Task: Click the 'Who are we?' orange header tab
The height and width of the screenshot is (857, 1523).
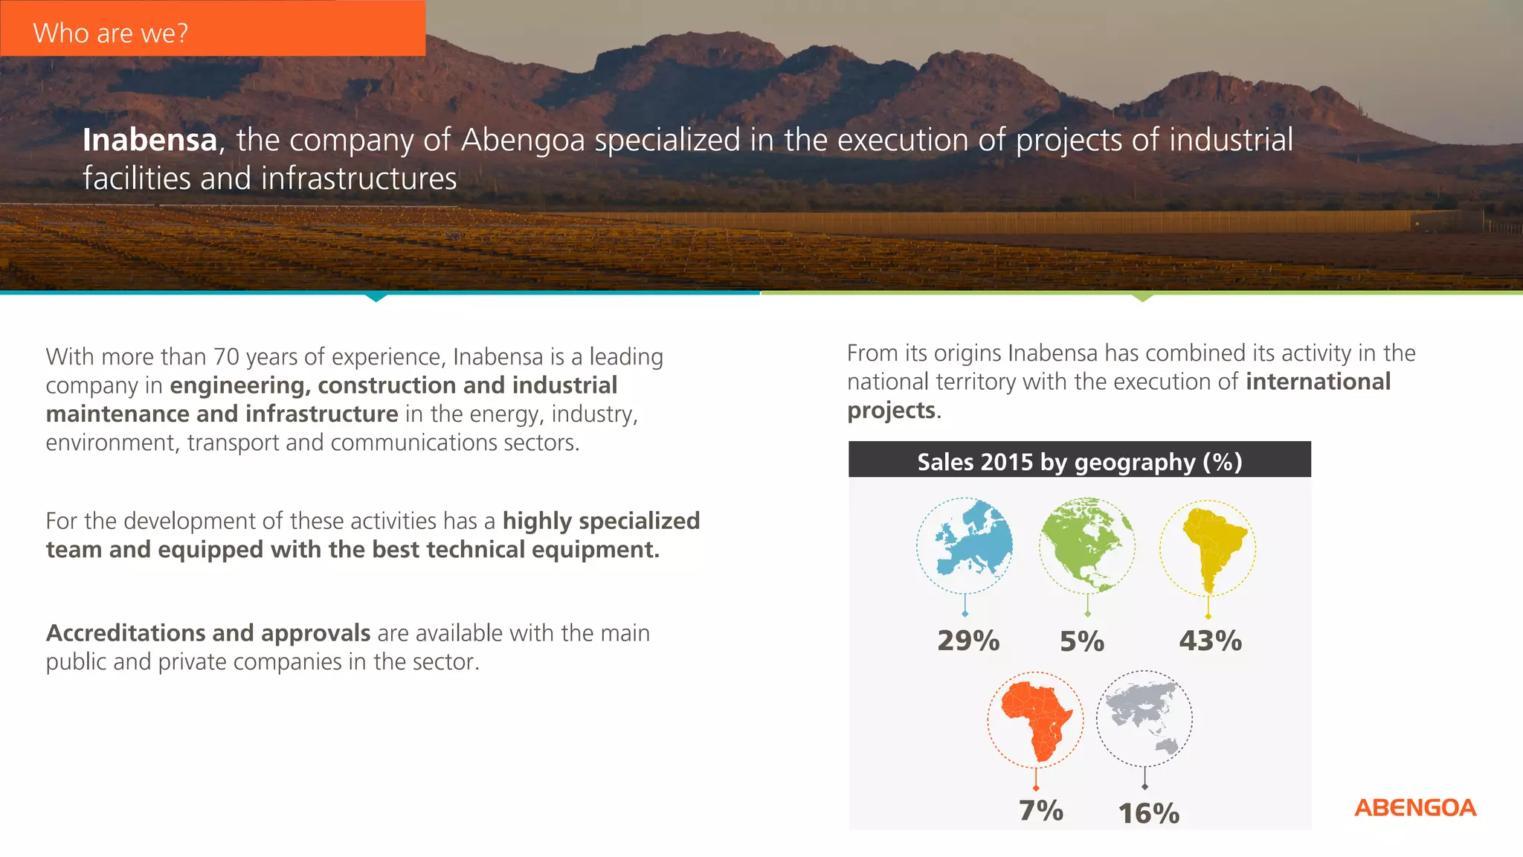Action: coord(213,28)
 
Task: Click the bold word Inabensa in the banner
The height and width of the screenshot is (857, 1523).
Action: coord(149,140)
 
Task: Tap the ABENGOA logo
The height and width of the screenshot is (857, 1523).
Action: coord(1414,808)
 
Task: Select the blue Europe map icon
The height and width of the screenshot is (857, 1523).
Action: coord(965,545)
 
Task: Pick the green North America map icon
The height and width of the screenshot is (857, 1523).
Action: coord(1086,545)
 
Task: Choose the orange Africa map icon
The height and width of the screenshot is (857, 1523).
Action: coord(1035,719)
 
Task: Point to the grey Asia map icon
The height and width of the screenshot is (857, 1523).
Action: coord(1144,719)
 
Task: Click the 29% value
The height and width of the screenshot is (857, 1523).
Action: coord(967,641)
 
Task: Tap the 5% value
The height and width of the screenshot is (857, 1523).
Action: coord(1082,641)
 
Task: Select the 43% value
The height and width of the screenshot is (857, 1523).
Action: coord(1210,641)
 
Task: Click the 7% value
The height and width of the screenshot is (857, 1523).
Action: coord(1040,811)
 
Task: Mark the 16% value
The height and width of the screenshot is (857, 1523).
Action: coord(1149,813)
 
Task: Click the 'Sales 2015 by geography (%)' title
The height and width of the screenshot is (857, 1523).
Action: coord(1079,461)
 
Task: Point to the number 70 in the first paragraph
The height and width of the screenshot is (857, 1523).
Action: coord(226,357)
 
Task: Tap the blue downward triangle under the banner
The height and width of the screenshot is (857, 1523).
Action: coord(376,298)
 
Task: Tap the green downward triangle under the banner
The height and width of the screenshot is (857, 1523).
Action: coord(1142,298)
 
